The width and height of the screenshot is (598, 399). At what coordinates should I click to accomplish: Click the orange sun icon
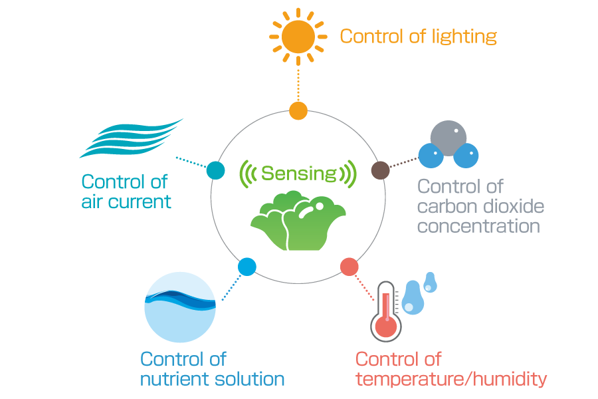pos(298,37)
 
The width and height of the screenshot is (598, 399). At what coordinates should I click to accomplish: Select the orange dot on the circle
pos(298,111)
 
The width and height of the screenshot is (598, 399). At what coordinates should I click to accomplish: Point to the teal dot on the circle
pos(215,171)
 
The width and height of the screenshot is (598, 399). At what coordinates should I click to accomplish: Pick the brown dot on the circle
pos(380,170)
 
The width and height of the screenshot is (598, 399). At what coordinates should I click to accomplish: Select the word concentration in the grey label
pos(478,226)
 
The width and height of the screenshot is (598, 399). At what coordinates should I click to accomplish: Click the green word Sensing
pos(298,174)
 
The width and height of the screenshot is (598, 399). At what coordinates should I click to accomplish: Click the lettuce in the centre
pos(298,221)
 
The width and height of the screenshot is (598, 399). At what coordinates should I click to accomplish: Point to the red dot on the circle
pos(349,267)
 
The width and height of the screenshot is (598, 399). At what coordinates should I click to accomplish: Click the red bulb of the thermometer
pos(385,327)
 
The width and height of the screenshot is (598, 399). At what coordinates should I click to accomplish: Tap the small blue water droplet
pos(429,282)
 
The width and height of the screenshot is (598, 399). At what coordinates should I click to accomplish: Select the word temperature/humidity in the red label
pos(451,379)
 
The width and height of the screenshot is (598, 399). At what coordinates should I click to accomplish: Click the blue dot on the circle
pos(247,267)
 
